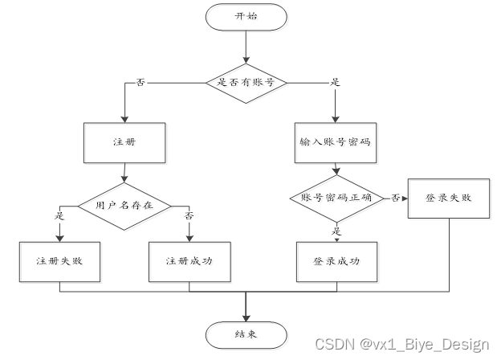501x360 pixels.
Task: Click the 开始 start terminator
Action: click(x=246, y=17)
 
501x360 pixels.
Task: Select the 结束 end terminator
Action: click(x=245, y=333)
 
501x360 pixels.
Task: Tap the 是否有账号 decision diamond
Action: click(x=246, y=81)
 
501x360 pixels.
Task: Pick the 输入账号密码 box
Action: click(x=335, y=142)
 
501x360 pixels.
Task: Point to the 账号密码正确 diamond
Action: click(x=336, y=198)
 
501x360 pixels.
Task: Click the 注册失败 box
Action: click(x=61, y=261)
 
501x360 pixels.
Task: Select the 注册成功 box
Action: click(x=189, y=261)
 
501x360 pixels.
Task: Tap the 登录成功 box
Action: click(x=336, y=261)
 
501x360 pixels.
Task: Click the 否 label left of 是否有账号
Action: click(x=141, y=82)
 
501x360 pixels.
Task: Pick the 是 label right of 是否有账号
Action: click(x=335, y=82)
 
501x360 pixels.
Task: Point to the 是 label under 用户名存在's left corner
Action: click(x=60, y=216)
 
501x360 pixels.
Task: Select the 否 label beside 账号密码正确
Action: click(x=396, y=197)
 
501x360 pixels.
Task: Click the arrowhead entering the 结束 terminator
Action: click(x=246, y=316)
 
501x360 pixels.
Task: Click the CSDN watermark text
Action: click(x=401, y=345)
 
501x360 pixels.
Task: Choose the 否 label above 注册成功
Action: click(x=189, y=216)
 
